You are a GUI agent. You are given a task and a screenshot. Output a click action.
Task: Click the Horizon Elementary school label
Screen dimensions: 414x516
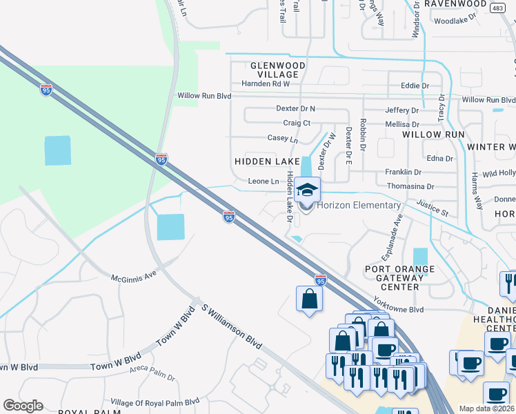coord(359,205)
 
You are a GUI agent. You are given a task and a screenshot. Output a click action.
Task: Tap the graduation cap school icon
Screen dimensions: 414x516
coord(308,189)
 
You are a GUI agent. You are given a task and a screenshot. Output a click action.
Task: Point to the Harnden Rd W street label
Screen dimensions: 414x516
coord(266,83)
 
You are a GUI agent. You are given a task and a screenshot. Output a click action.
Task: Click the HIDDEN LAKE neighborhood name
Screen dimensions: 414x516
coord(267,160)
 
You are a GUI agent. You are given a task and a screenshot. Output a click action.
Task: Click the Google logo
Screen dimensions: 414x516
coord(23,405)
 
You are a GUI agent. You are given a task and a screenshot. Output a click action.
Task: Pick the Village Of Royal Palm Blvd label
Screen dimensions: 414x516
coord(155,402)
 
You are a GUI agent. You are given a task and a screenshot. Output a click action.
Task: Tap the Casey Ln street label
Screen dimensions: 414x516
coord(283,139)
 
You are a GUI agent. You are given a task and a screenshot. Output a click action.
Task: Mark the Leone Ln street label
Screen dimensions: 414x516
coord(263,181)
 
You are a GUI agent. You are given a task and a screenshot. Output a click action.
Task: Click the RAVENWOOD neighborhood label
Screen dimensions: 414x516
coord(456,3)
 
